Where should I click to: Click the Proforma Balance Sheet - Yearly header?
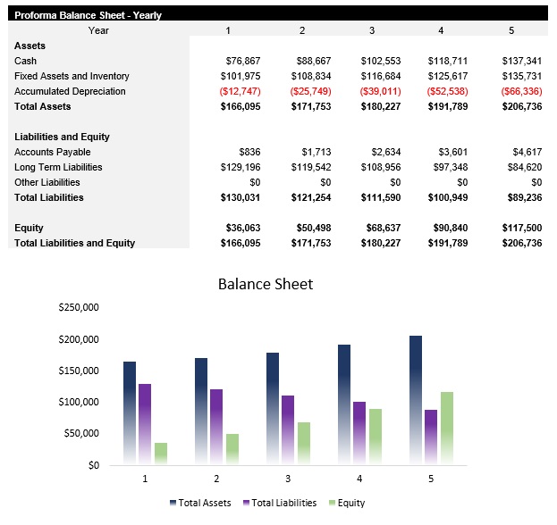tap(88, 15)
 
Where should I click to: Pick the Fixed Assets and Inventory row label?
tap(72, 76)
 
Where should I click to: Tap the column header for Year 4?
tap(441, 31)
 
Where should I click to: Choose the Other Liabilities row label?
tap(46, 182)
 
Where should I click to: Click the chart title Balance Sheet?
tap(266, 285)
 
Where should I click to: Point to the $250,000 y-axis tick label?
tap(78, 308)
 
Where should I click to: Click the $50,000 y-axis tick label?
tap(80, 433)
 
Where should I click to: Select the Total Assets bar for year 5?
tap(415, 400)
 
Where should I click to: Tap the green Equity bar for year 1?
tap(161, 453)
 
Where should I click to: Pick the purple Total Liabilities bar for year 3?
tap(288, 429)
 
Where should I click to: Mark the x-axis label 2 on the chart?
tap(215, 479)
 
